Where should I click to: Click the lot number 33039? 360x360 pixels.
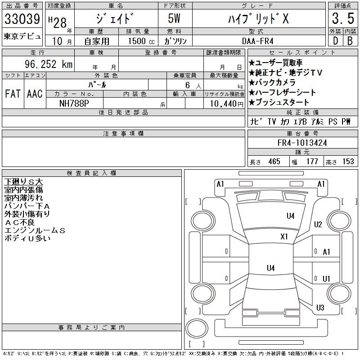[22, 19]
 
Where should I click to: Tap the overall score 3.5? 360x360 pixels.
[342, 19]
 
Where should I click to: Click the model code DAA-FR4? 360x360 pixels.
[258, 40]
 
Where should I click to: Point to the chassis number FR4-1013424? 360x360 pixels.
[302, 143]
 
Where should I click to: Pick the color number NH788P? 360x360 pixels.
[75, 103]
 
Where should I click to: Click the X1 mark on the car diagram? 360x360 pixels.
[284, 236]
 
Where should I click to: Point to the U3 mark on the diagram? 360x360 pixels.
[320, 308]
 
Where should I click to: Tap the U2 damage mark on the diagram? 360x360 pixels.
[318, 224]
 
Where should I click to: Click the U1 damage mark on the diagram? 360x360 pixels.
[327, 279]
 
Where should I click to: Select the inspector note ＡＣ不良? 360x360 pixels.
[19, 222]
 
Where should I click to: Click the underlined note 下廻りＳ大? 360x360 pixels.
[23, 182]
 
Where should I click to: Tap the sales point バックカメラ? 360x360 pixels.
[272, 82]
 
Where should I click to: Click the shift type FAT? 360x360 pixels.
[12, 94]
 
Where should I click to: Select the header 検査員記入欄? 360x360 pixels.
[92, 173]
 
